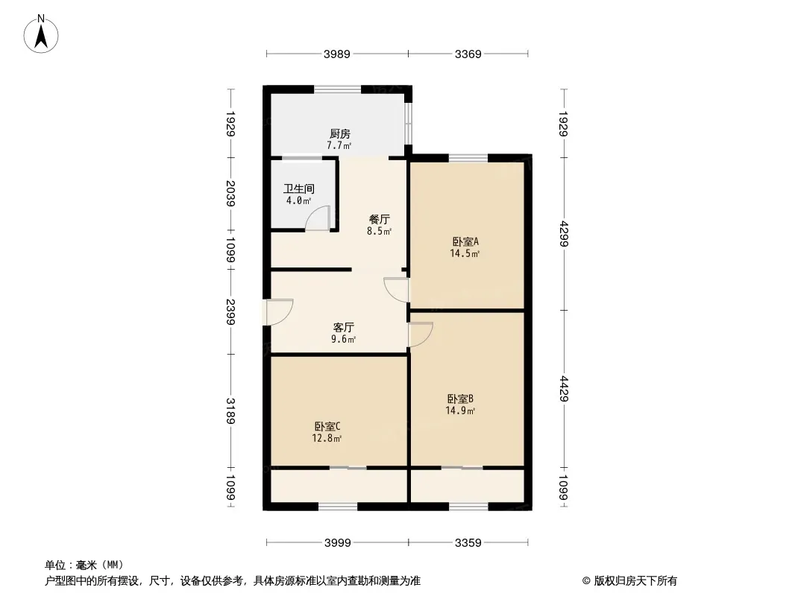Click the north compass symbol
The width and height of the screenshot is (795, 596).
[x=42, y=34]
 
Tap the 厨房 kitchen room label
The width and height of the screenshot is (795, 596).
[x=339, y=134]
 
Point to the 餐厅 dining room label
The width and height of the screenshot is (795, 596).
[x=380, y=220]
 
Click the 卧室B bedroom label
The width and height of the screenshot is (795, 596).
[x=461, y=399]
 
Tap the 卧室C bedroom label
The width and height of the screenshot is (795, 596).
[x=328, y=426]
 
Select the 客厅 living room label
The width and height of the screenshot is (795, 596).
[x=343, y=327]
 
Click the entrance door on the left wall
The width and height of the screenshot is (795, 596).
[x=279, y=311]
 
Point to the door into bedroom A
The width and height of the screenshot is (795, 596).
[x=396, y=289]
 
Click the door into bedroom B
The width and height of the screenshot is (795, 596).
[x=421, y=335]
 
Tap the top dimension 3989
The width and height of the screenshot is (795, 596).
[x=337, y=54]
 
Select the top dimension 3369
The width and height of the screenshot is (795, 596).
[x=468, y=54]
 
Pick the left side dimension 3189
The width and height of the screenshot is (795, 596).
[x=231, y=412]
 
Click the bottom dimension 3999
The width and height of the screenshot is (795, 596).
[x=337, y=543]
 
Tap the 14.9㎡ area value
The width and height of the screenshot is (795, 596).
[x=461, y=410]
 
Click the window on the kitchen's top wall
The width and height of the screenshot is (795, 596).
[x=338, y=89]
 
